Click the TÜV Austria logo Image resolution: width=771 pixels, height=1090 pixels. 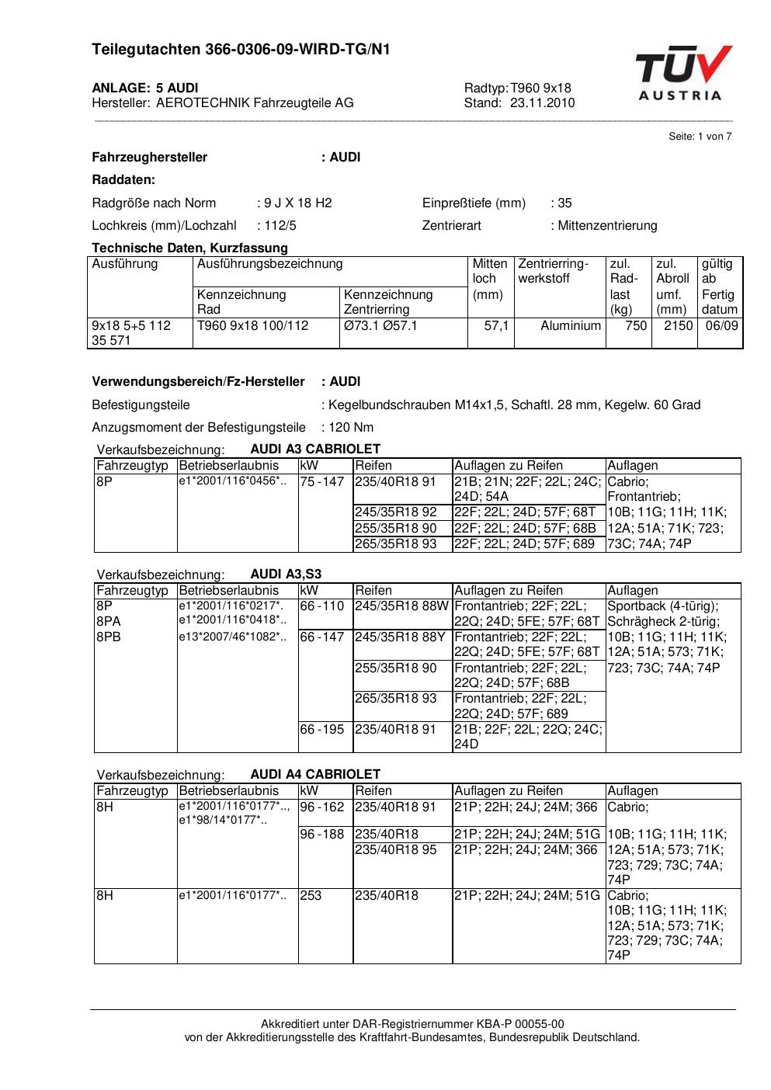pyautogui.click(x=682, y=74)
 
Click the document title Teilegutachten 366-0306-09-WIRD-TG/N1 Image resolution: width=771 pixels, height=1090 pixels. pyautogui.click(x=241, y=50)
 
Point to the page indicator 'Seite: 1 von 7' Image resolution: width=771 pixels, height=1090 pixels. pyautogui.click(x=700, y=137)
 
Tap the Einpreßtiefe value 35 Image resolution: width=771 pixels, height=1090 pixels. pyautogui.click(x=564, y=203)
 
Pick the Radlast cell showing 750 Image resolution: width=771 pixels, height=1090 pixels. pyautogui.click(x=636, y=325)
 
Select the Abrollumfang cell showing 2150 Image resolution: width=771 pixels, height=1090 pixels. pyautogui.click(x=678, y=325)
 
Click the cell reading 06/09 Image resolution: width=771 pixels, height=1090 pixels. pyautogui.click(x=721, y=325)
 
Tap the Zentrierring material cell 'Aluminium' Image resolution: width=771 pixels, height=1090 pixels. pyautogui.click(x=571, y=325)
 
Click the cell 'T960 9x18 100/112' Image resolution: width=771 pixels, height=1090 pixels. pyautogui.click(x=252, y=325)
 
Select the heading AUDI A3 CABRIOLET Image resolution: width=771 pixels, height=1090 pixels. pyautogui.click(x=315, y=449)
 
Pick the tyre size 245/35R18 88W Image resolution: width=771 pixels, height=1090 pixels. pyautogui.click(x=401, y=606)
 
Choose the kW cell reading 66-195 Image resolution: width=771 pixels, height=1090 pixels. pyautogui.click(x=321, y=729)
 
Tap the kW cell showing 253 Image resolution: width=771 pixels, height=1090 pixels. pyautogui.click(x=311, y=895)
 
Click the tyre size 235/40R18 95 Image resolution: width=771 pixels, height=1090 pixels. pyautogui.click(x=396, y=849)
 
